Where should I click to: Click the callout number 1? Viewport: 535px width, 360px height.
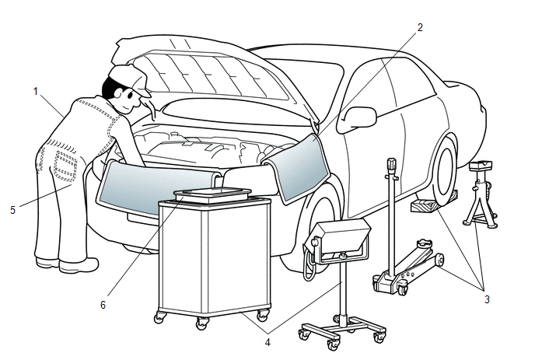click(36, 91)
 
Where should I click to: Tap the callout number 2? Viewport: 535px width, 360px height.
click(420, 27)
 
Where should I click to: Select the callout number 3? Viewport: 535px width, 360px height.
click(487, 299)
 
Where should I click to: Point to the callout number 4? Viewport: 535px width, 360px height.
click(267, 339)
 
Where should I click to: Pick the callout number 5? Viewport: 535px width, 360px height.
click(12, 209)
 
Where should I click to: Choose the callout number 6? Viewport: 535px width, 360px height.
click(103, 305)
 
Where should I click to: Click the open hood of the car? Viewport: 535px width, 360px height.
click(210, 70)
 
